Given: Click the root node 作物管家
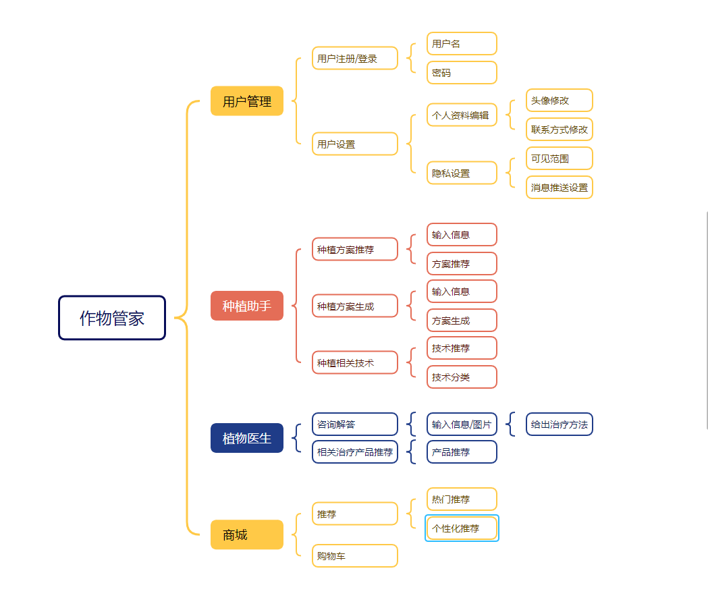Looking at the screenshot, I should pyautogui.click(x=112, y=318).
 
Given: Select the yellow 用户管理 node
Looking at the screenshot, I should pyautogui.click(x=247, y=101).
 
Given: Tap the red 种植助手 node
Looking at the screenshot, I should pyautogui.click(x=247, y=306).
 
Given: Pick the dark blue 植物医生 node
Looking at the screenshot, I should pyautogui.click(x=247, y=438).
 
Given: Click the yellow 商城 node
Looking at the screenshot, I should pyautogui.click(x=247, y=534).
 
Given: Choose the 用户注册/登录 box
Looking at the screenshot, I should pyautogui.click(x=355, y=59).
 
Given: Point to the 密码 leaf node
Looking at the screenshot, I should pyautogui.click(x=462, y=72).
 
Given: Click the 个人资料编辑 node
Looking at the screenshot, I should pyautogui.click(x=462, y=115).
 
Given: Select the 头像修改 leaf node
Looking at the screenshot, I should pyautogui.click(x=560, y=101).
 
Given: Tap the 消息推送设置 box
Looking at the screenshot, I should pyautogui.click(x=560, y=188).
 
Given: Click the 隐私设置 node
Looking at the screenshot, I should pyautogui.click(x=462, y=173).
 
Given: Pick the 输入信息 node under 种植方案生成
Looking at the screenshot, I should pyautogui.click(x=462, y=292).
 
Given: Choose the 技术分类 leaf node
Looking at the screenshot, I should pyautogui.click(x=462, y=377).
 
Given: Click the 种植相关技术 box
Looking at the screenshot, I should pyautogui.click(x=355, y=362).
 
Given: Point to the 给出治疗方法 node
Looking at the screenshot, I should pyautogui.click(x=560, y=424).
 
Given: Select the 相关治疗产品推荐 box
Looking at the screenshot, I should pyautogui.click(x=355, y=452).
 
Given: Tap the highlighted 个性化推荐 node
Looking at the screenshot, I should pyautogui.click(x=462, y=528).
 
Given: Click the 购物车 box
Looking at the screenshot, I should pyautogui.click(x=355, y=556).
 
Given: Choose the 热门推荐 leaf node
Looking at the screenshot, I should pyautogui.click(x=462, y=499).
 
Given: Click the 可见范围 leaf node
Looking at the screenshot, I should pyautogui.click(x=560, y=159).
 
